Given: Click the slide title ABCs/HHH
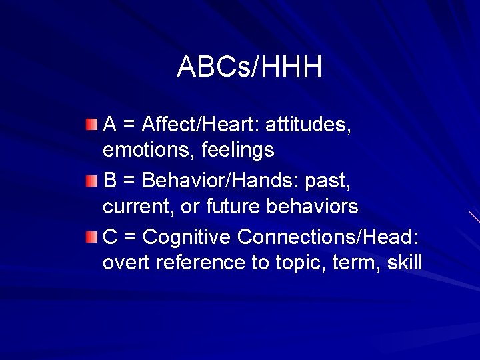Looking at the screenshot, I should pos(249,67).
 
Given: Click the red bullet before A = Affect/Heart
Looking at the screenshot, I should pos(93,124).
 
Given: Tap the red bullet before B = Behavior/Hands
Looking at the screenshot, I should pos(93,180).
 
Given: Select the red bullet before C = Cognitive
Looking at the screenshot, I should pos(93,236).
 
